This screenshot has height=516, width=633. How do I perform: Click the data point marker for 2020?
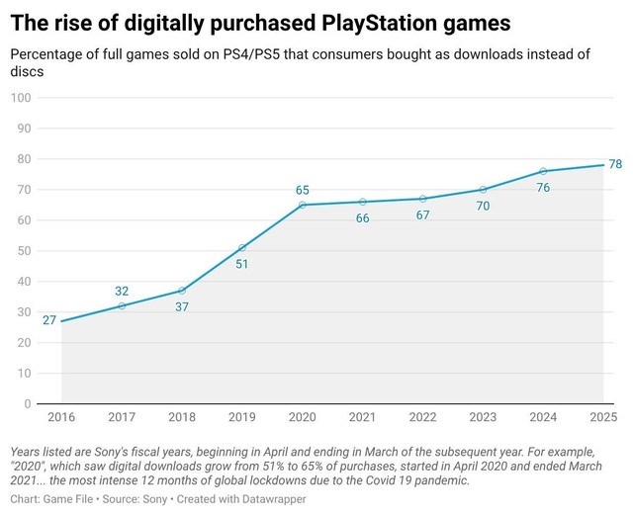coord(303,205)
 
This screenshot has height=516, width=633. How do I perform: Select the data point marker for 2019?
coord(242,248)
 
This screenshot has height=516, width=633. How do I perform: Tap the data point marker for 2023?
coord(483,190)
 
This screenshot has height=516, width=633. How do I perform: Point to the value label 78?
coord(615,164)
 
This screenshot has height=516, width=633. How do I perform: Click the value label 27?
coord(49,320)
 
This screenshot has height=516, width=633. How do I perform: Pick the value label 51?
coord(241,264)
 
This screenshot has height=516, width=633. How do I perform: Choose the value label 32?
coord(122,291)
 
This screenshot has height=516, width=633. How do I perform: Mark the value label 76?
coord(543,188)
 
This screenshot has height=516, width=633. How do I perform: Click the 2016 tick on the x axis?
coord(61,417)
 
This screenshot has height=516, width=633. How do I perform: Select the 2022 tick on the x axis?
coord(422,417)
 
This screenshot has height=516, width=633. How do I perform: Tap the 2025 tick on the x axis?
coord(603,417)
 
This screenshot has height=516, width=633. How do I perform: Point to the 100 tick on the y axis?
coord(21,98)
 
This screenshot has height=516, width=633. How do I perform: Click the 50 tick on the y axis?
coord(24,250)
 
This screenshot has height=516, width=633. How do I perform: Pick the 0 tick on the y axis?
coord(28,403)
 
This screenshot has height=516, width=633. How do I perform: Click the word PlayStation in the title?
coord(379,24)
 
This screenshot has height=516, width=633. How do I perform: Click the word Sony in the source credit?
coord(155,499)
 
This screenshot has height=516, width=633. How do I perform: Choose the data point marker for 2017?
coord(122,305)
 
